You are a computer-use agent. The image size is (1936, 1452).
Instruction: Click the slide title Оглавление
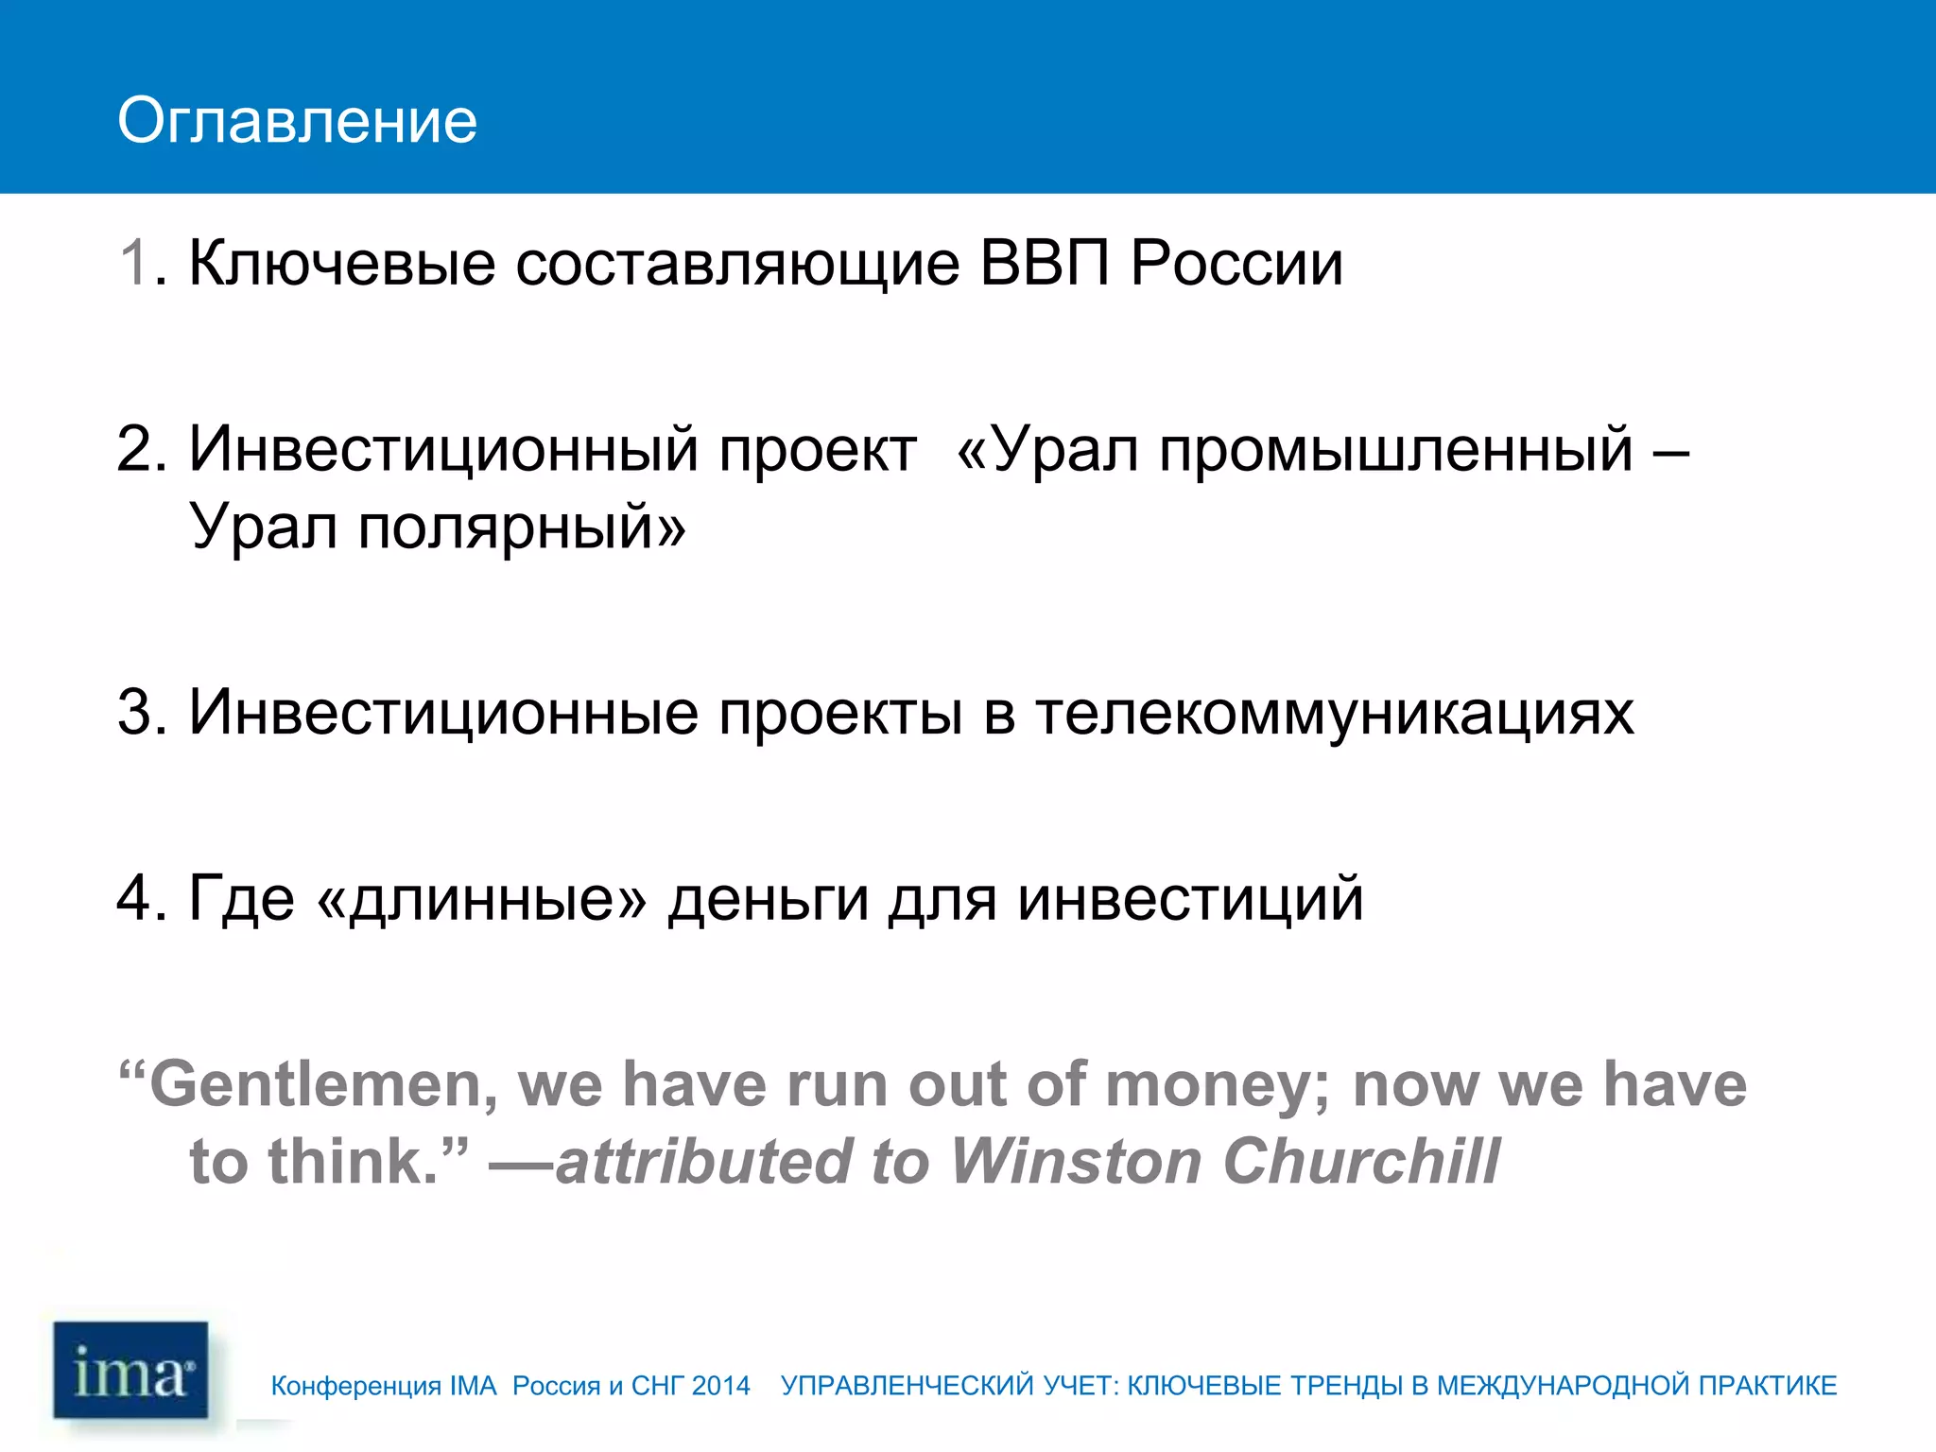[x=297, y=121]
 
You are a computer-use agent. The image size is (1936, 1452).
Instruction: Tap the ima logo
[x=130, y=1370]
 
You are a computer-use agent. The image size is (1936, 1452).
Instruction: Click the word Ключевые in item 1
[x=341, y=263]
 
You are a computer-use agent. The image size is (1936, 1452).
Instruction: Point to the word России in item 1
[x=1236, y=263]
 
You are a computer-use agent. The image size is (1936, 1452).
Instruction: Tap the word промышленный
[x=1396, y=450]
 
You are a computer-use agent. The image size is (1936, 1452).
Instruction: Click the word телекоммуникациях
[x=1334, y=712]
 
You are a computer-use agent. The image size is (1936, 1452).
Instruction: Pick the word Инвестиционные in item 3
[x=443, y=712]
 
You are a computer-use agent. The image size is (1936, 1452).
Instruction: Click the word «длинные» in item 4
[x=482, y=898]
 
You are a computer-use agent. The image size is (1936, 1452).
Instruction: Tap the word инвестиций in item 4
[x=1190, y=898]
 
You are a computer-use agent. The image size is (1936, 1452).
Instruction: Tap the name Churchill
[x=1361, y=1161]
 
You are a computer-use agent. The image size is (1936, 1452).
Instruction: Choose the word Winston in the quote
[x=1075, y=1161]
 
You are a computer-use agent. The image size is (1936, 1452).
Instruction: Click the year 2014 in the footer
[x=720, y=1386]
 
